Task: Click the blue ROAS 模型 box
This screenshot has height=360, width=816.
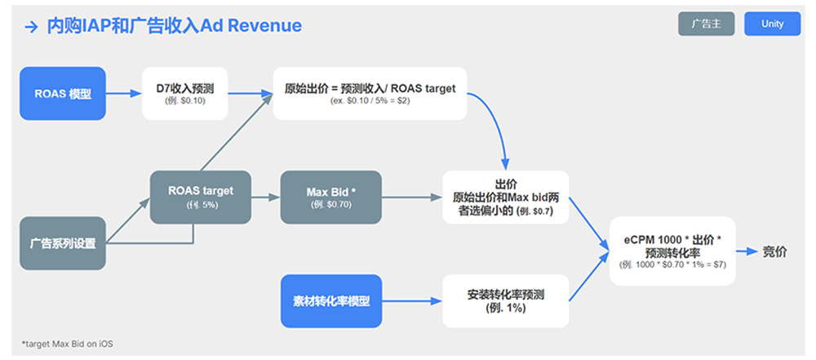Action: [x=63, y=93]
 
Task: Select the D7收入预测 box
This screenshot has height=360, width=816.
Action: [x=184, y=93]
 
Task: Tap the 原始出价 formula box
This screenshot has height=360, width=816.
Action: [x=370, y=93]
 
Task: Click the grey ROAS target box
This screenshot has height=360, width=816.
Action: [x=201, y=197]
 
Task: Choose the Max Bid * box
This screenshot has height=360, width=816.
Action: [x=330, y=197]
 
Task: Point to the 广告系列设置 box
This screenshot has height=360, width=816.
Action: [x=63, y=243]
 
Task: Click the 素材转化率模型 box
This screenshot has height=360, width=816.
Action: [x=330, y=301]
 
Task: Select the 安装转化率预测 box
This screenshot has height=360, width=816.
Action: [x=505, y=301]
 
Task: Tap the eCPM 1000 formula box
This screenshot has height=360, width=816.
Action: [x=672, y=251]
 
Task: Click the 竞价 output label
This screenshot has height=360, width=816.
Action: [x=774, y=251]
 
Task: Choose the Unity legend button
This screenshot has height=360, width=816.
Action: [x=772, y=24]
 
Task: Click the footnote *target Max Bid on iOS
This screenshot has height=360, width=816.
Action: [x=68, y=344]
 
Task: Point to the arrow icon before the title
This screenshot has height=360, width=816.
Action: [x=32, y=26]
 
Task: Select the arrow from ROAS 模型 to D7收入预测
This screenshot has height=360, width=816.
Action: [x=124, y=93]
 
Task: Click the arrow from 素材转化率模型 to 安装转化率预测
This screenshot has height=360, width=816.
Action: [x=412, y=301]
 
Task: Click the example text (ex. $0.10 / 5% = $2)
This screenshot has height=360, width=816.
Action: [x=370, y=100]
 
